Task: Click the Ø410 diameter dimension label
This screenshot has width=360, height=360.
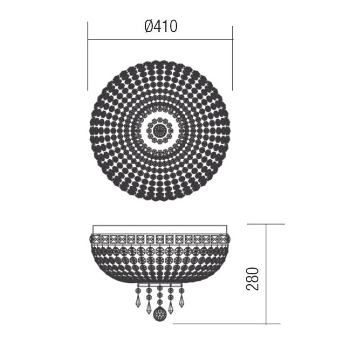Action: (161, 26)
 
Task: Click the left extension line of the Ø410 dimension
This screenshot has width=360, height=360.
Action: (88, 56)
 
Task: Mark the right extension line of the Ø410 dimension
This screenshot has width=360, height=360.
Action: (233, 58)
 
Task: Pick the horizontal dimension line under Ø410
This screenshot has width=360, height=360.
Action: (160, 40)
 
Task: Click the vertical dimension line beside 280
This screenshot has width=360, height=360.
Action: (266, 274)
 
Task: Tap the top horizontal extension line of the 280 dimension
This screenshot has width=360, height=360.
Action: (266, 224)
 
